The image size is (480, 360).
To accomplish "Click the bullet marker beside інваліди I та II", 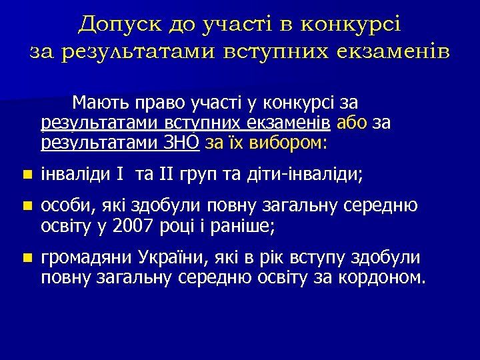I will [25, 175].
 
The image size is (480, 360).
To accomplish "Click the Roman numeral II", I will [165, 175].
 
